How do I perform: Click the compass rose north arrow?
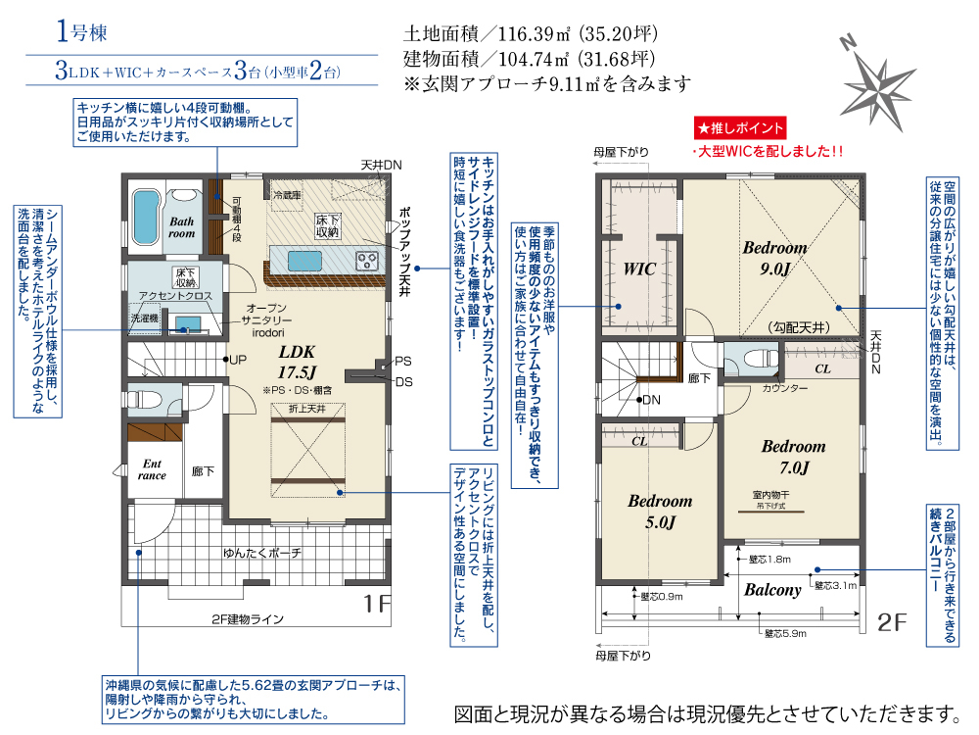876,87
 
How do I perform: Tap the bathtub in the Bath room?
146,219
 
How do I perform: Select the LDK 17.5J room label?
298,363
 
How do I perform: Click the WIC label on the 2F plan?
639,269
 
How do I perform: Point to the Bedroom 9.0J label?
774,258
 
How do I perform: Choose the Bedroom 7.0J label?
794,457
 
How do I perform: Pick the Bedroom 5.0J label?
660,512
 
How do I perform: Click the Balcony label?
772,590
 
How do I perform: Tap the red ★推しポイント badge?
740,128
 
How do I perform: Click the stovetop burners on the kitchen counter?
366,261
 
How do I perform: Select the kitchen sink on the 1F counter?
304,261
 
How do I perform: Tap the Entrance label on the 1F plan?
152,469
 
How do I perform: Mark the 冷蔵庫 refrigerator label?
287,196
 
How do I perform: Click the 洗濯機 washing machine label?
144,318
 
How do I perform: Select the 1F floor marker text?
377,604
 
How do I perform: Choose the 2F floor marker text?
892,622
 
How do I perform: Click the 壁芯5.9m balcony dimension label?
785,634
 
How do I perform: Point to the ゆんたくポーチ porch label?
262,553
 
